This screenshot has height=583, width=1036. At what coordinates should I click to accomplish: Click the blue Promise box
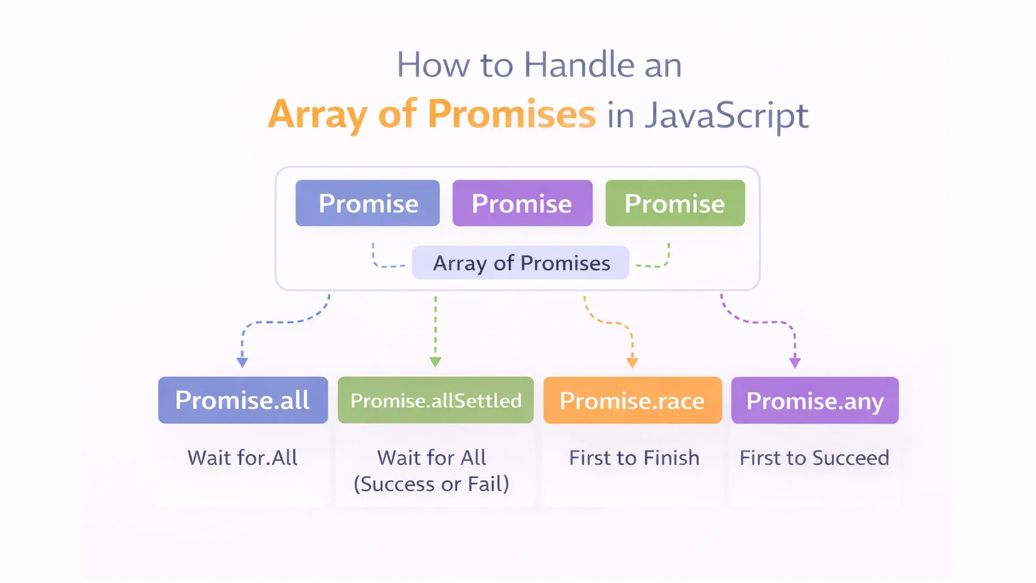coord(367,203)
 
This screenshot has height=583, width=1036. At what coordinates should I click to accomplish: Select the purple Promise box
coord(522,203)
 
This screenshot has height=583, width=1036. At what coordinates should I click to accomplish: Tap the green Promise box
coord(675,203)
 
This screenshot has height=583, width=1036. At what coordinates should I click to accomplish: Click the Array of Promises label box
coord(520,263)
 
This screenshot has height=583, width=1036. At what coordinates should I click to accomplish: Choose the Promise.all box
coord(243,400)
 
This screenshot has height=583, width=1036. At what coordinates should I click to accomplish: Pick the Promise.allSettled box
coord(436,400)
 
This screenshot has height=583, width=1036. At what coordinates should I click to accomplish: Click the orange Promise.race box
coord(632,401)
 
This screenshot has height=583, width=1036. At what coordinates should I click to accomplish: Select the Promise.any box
coord(815,401)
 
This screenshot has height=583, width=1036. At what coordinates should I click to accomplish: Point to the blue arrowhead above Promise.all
coord(242,362)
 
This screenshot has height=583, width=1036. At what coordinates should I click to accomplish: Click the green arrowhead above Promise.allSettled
coord(436,362)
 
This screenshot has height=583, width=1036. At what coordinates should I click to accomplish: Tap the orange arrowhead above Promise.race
coord(633,363)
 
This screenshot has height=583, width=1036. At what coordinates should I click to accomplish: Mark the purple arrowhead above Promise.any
coord(795,363)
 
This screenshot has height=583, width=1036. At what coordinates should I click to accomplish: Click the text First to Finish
coord(634,458)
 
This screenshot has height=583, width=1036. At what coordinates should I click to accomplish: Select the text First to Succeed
coord(814,458)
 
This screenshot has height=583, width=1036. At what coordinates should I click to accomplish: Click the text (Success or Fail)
coord(432,484)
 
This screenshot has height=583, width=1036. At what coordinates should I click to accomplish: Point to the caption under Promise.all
coord(242,458)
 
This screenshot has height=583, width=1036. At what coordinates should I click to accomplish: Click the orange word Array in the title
coord(318,115)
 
